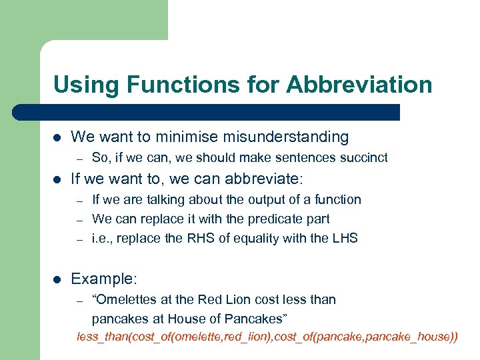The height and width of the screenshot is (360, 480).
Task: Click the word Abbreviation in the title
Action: tap(359, 85)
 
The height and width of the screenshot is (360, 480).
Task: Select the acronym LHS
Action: tap(343, 238)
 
